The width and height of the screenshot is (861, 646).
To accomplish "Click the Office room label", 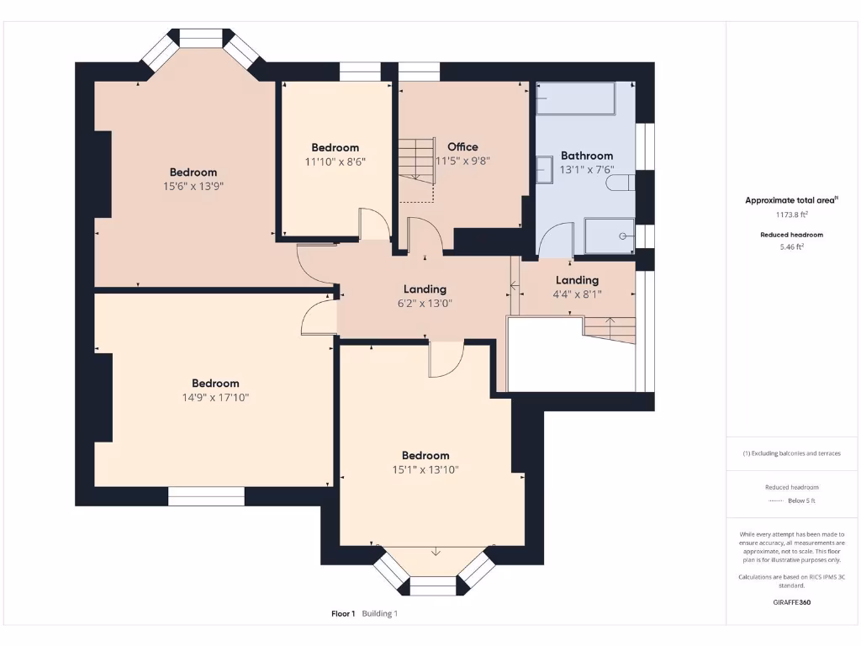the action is [462, 146].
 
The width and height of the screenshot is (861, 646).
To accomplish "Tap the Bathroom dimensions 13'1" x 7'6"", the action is [586, 170].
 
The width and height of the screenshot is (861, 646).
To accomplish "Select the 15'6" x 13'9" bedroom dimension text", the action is [193, 186].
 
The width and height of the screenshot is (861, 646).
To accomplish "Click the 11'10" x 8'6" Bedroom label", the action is [335, 147].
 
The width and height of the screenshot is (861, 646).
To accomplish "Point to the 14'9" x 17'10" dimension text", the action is [215, 397].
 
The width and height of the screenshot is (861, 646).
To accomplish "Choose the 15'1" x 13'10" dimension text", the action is [425, 469].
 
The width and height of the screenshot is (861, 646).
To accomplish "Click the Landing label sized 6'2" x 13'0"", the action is [425, 289].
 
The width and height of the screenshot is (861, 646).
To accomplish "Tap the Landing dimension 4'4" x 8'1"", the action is [577, 294].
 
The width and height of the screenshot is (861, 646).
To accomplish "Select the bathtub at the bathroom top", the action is [575, 98].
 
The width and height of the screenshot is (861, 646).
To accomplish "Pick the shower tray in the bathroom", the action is [610, 236].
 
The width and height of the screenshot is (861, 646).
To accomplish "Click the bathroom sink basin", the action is [544, 168].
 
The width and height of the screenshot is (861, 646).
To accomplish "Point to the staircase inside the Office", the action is [417, 161].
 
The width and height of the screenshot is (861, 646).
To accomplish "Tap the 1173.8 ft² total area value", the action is [791, 214].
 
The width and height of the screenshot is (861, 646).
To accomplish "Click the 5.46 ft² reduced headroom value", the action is [791, 247].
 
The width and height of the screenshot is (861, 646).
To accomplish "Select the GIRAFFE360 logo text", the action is [791, 602].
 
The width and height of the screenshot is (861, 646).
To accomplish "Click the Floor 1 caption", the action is [343, 613].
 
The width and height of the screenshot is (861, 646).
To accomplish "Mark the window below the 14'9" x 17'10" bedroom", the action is [206, 496].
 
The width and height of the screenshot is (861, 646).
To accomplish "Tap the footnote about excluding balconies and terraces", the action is [791, 453].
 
